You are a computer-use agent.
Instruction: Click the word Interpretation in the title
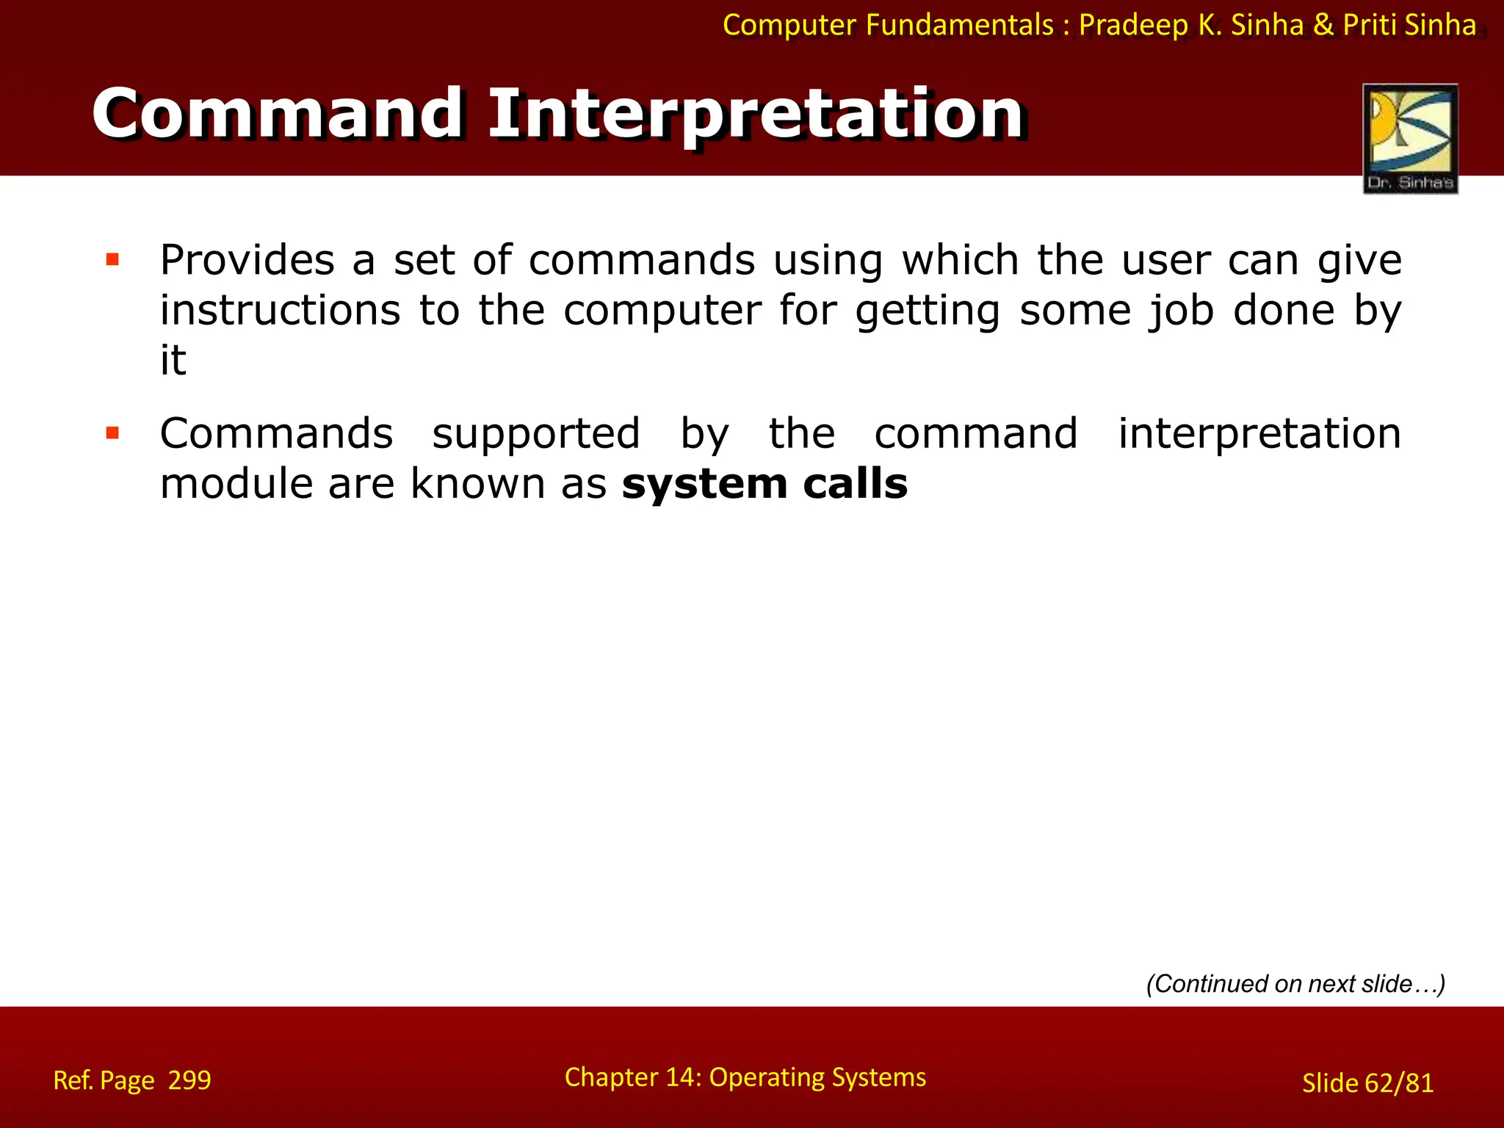point(756,115)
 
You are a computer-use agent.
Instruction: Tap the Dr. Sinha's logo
point(1410,139)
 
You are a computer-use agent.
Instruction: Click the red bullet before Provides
point(112,259)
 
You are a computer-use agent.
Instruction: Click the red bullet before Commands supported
point(112,433)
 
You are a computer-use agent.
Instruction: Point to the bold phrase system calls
point(764,484)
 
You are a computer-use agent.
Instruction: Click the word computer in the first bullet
point(662,310)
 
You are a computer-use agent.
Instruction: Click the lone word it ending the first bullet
point(173,360)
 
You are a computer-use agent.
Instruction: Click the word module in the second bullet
point(236,484)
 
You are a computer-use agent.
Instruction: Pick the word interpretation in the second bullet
point(1259,433)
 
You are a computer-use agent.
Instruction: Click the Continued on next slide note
point(1295,983)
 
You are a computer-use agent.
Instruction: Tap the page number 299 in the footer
point(189,1080)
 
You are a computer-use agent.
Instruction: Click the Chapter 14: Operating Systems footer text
point(745,1077)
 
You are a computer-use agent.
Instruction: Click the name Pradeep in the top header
point(1133,26)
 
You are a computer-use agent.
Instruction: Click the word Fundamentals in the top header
point(959,25)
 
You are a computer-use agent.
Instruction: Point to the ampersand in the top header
point(1323,25)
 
